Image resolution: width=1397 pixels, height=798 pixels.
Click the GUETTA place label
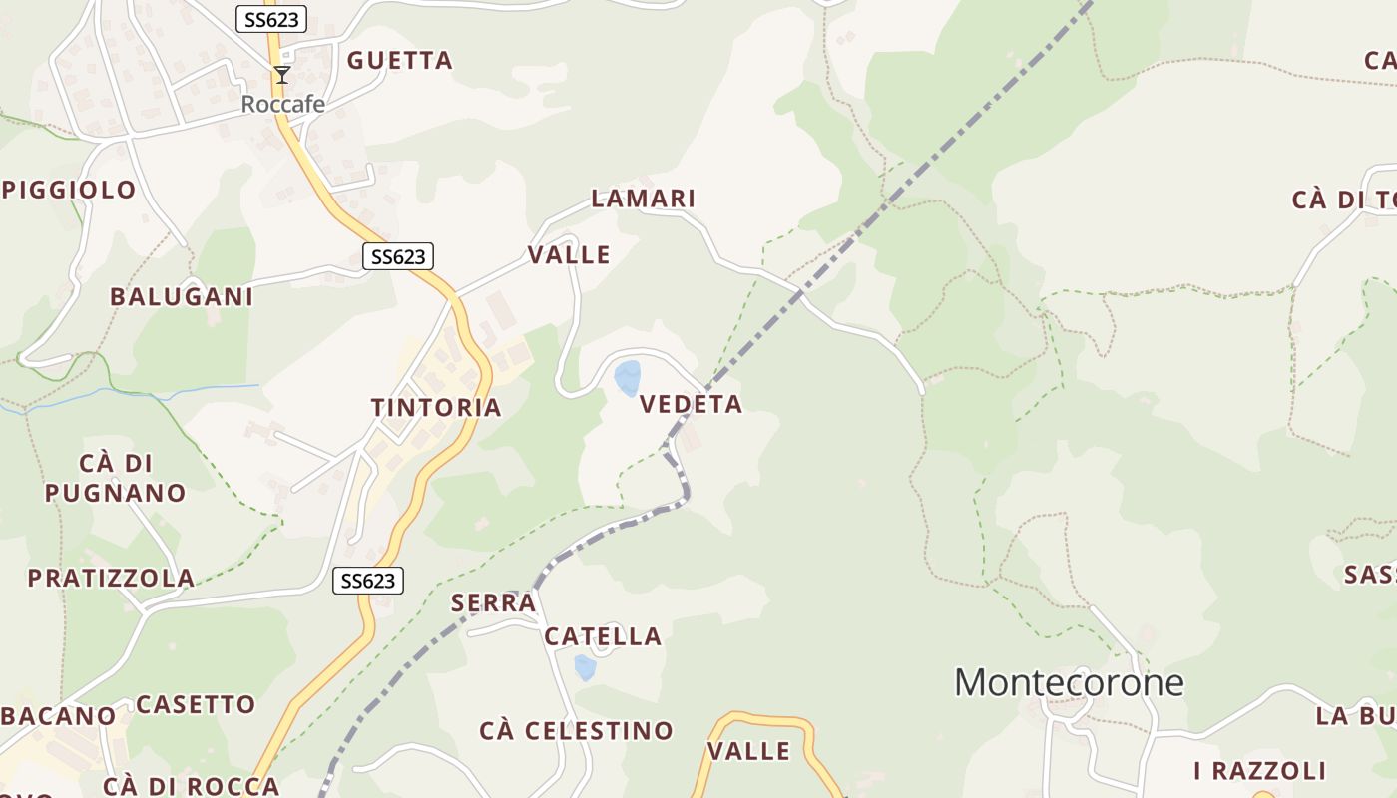[x=400, y=61]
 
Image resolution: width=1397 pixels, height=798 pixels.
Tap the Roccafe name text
[x=282, y=104]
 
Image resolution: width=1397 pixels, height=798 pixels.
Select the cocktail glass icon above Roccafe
[x=282, y=75]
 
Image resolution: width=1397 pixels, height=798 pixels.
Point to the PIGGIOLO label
[x=70, y=190]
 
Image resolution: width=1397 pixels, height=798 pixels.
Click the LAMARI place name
[x=644, y=199]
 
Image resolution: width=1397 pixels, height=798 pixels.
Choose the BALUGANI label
[x=182, y=296]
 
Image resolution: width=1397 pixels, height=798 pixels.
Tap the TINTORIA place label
[x=436, y=407]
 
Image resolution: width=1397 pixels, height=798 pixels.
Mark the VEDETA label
[x=692, y=404]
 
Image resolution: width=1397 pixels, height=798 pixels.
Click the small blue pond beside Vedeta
[x=628, y=378]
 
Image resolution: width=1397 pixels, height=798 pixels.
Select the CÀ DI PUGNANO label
[x=116, y=478]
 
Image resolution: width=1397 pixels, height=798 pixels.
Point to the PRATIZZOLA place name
[x=111, y=578]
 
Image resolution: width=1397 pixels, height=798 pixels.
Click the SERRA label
[x=494, y=602]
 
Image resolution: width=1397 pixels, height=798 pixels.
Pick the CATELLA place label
[x=603, y=636]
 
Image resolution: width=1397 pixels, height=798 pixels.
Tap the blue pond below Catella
[x=585, y=667]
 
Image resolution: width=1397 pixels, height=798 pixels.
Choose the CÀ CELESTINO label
[x=577, y=731]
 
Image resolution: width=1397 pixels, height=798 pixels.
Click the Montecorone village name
[x=1069, y=682]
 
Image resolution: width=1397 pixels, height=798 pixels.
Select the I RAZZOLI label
[x=1260, y=770]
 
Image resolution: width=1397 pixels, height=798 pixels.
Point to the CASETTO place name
[x=196, y=704]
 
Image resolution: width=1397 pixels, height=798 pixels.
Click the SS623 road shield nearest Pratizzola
[x=368, y=581]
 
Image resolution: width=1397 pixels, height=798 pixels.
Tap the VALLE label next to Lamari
[x=569, y=254]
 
